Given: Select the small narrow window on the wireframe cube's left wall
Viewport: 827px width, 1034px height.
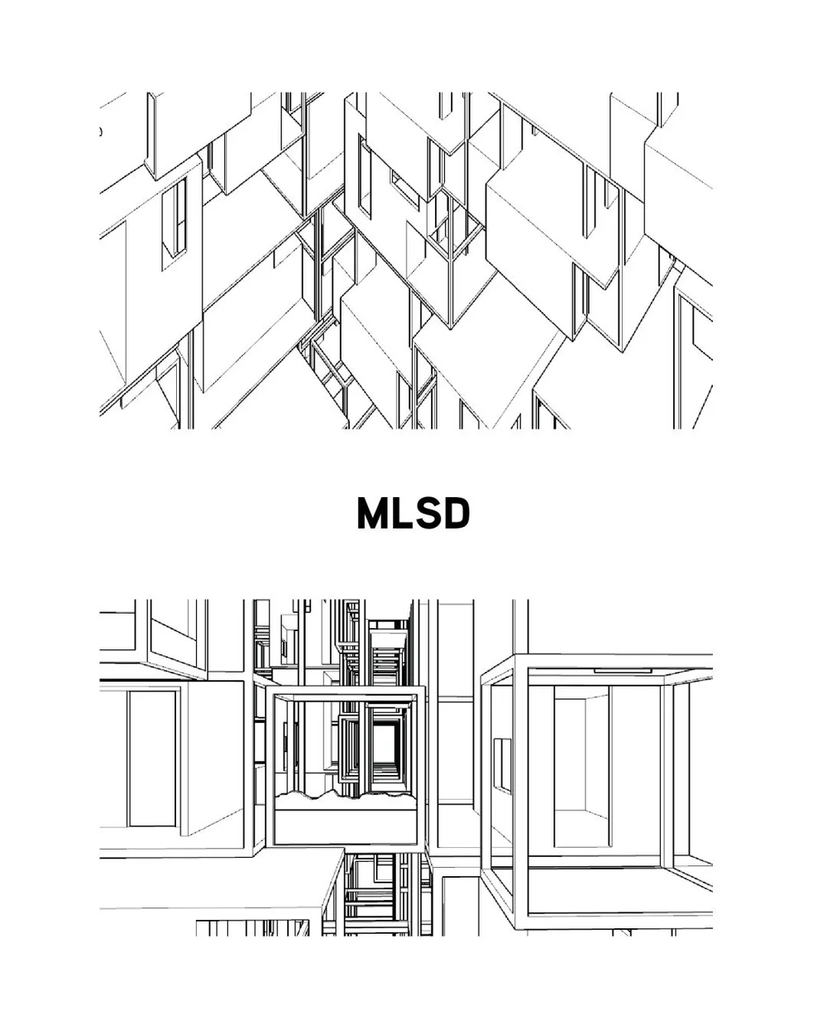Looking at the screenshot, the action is tap(502, 765).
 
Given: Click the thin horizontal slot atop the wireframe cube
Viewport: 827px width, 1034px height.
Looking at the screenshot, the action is tap(622, 670).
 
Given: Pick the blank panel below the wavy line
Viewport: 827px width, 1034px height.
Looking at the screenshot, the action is tap(345, 826).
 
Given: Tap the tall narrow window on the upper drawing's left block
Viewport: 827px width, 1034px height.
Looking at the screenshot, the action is tap(173, 219).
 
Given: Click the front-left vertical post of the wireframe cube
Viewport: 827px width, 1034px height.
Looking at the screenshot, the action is tap(521, 794).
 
